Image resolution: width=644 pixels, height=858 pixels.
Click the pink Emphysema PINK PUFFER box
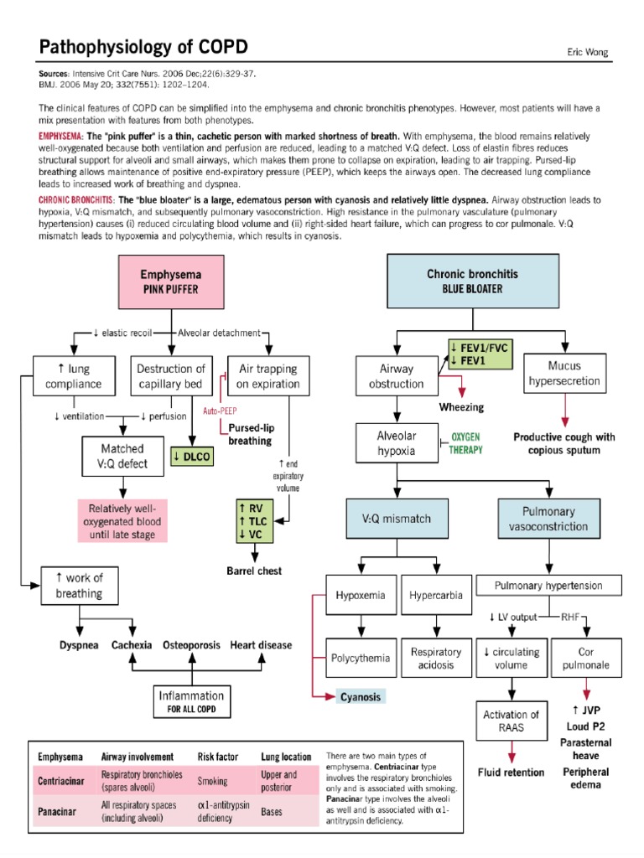point(170,281)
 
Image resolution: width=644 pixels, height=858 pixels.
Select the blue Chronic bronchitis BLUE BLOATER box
point(472,281)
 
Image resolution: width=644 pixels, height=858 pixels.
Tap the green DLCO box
point(194,457)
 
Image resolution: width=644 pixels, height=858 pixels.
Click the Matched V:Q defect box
point(122,457)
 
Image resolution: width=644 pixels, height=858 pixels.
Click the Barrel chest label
point(254,571)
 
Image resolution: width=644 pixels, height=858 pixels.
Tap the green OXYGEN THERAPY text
point(467,443)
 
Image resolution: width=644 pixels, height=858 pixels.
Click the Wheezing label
point(462,407)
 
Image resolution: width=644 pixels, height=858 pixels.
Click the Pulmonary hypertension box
point(550,584)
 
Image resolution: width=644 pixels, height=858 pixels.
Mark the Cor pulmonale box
point(586,658)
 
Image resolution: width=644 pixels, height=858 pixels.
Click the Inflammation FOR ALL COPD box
point(191,701)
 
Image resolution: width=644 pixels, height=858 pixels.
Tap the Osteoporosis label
point(191,645)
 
